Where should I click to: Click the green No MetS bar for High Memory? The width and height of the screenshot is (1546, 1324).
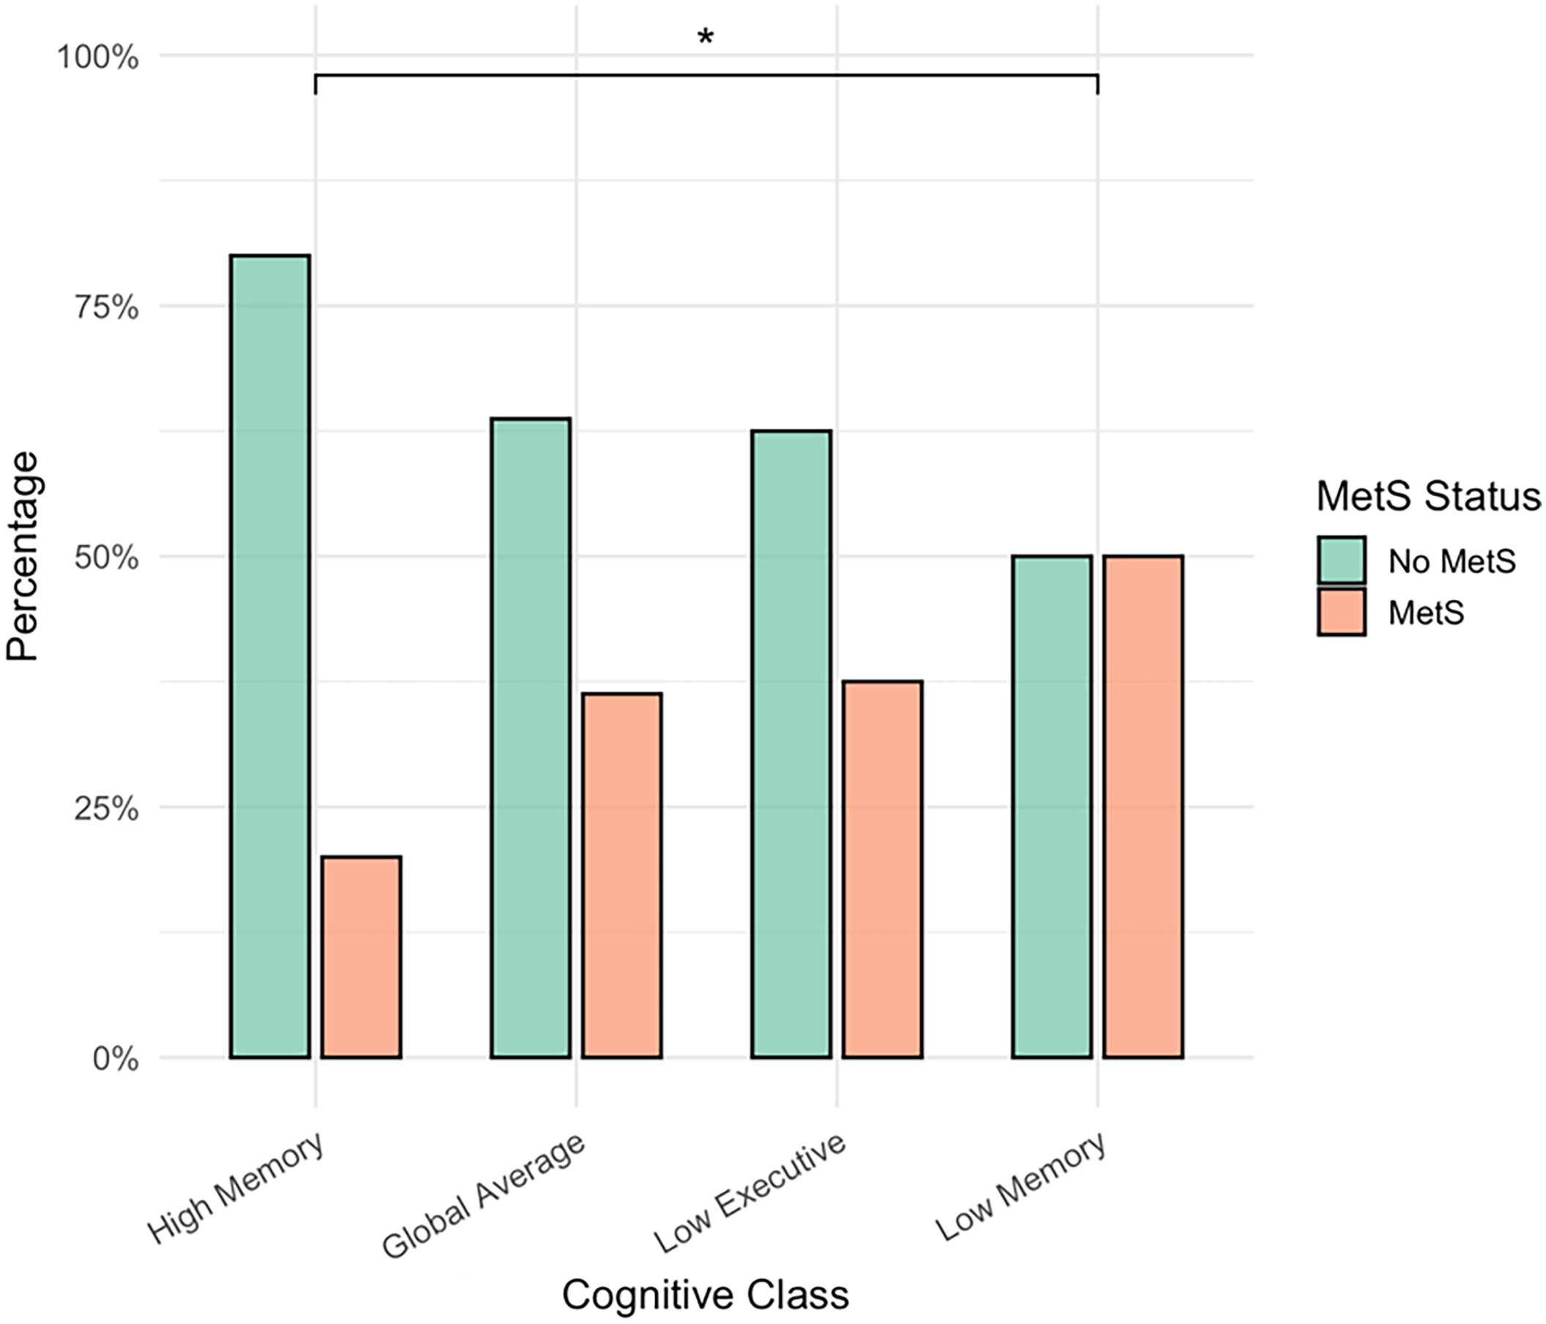(x=270, y=656)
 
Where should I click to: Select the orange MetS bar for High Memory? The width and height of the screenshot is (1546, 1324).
(x=361, y=957)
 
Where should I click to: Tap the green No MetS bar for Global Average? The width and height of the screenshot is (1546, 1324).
(x=531, y=738)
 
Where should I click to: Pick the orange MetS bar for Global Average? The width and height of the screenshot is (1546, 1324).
(x=621, y=875)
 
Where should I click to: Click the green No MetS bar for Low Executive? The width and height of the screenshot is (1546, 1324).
(x=791, y=744)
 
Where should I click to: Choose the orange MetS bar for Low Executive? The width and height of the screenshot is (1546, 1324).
(x=883, y=869)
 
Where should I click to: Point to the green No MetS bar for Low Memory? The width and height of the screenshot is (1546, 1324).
(x=1051, y=807)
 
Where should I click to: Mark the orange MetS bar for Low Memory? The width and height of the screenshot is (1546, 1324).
(x=1143, y=807)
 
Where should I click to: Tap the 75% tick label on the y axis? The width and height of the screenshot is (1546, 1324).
(x=106, y=307)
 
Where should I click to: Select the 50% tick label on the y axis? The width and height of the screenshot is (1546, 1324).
(x=106, y=557)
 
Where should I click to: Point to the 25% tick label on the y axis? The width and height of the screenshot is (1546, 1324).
(x=106, y=808)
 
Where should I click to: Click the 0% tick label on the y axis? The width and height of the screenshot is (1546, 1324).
(x=116, y=1058)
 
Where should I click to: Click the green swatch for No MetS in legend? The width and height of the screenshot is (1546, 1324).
(x=1341, y=559)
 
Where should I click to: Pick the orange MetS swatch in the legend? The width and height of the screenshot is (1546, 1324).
(x=1341, y=612)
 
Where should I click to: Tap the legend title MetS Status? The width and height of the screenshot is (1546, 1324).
(x=1427, y=497)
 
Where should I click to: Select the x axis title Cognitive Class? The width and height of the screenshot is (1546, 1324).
(x=705, y=1294)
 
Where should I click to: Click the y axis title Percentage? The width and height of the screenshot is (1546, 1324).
(x=23, y=556)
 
